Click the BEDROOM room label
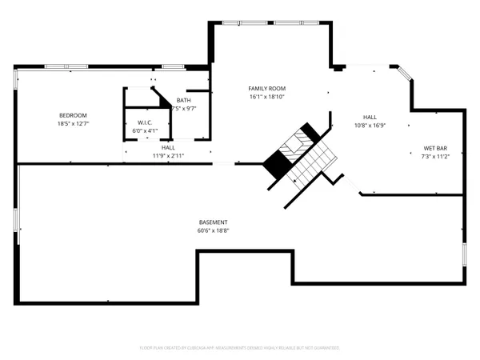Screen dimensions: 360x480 (72, 115)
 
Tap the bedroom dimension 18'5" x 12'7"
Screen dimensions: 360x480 (72, 123)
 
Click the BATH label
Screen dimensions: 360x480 (184, 100)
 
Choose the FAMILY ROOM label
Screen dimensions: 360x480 (267, 89)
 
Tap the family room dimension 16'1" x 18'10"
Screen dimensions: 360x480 (267, 97)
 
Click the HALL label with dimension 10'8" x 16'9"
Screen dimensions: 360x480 (370, 117)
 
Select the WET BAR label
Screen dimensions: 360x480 (436, 148)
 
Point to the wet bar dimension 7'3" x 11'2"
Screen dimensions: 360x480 (436, 156)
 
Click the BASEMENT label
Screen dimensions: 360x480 (214, 222)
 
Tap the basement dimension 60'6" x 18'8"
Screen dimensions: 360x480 (214, 230)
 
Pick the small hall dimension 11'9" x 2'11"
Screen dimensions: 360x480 (168, 156)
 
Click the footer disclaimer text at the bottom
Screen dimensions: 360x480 (240, 348)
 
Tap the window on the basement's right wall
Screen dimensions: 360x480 (464, 256)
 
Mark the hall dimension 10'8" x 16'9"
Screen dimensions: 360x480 (370, 125)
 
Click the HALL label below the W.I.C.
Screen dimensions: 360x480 (168, 148)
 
